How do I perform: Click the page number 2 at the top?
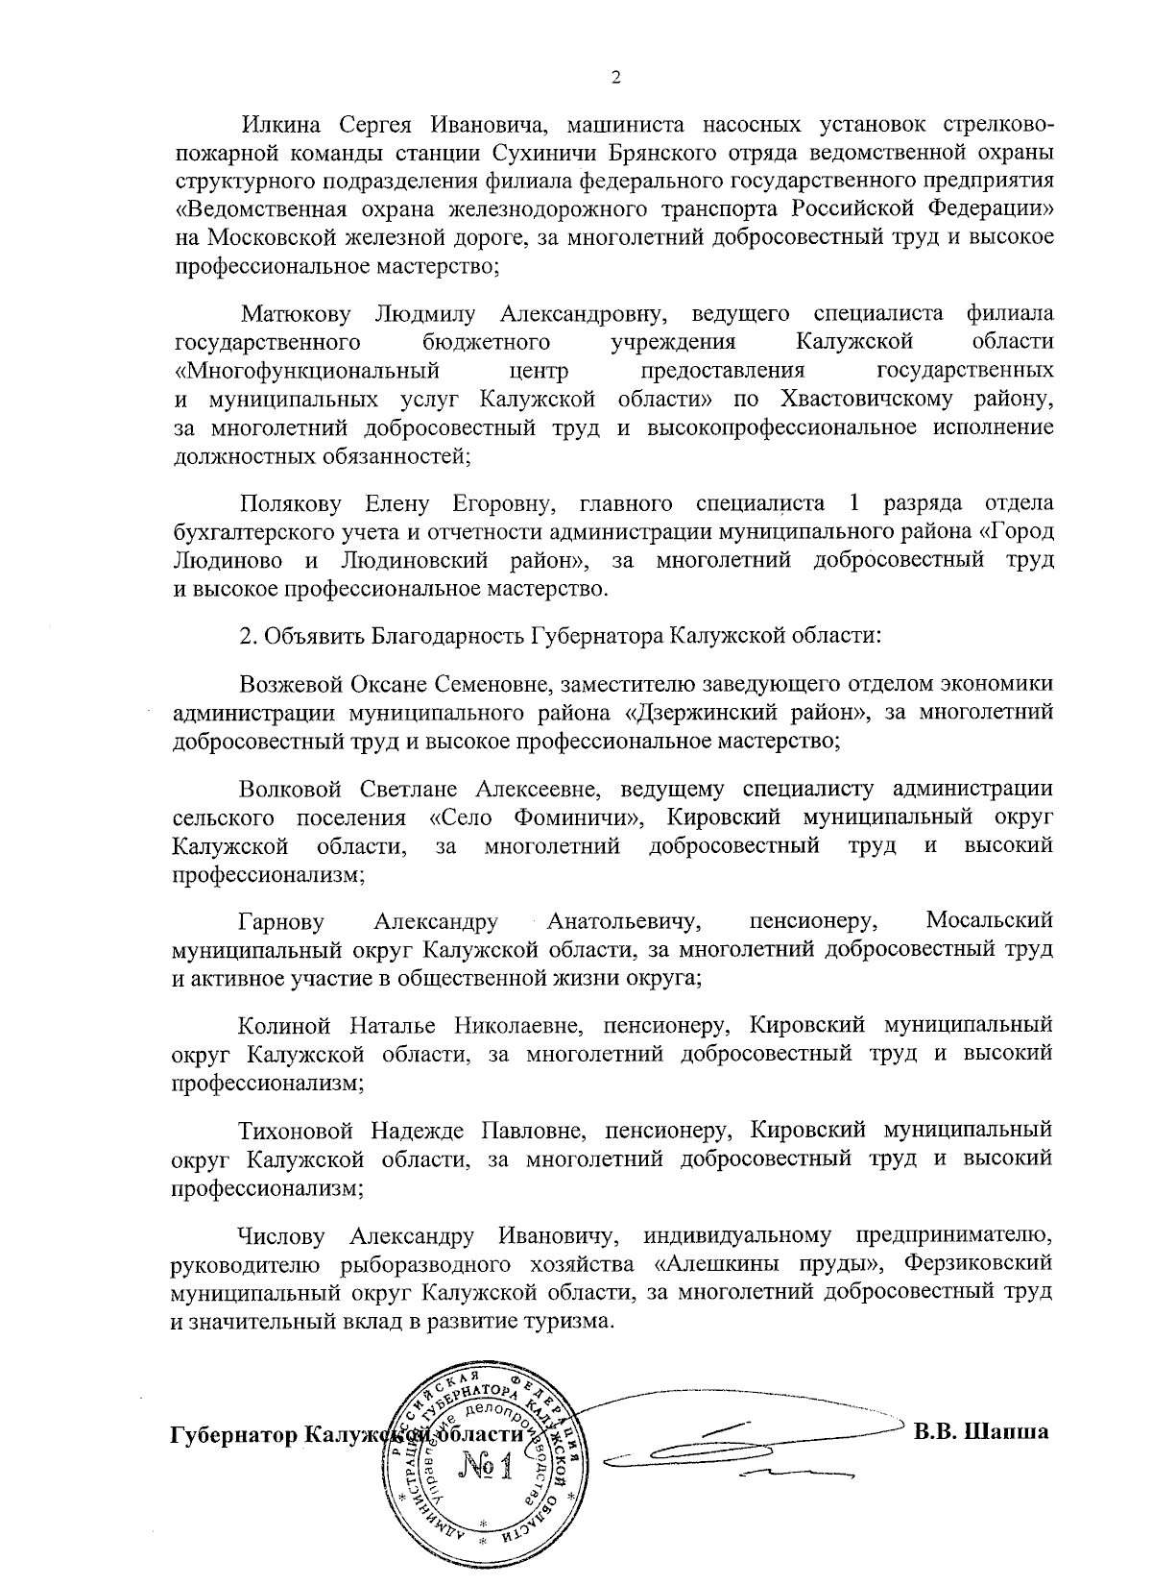pos(616,78)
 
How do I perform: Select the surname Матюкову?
pos(296,313)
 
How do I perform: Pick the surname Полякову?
pos(290,502)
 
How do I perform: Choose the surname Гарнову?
pos(280,922)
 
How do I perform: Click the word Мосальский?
pos(989,921)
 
